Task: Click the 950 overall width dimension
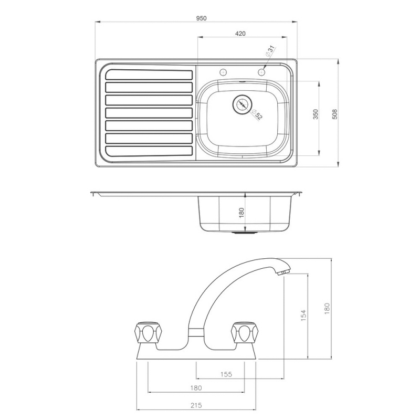(202, 18)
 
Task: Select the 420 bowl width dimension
(240, 33)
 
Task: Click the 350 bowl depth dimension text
(316, 115)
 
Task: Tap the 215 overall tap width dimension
(196, 405)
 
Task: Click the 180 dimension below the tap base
(195, 388)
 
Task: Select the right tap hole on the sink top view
(261, 72)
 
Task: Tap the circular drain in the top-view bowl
(242, 104)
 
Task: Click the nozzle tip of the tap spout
(283, 272)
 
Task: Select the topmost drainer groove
(149, 73)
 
